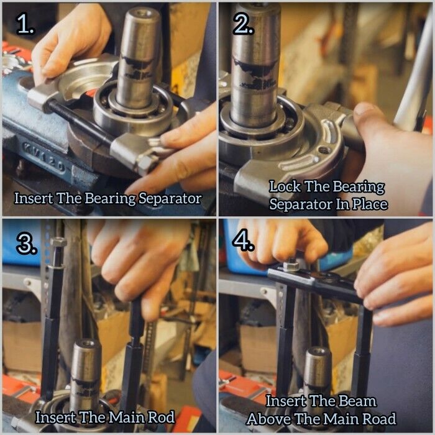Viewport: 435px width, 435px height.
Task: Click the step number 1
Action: point(25,24)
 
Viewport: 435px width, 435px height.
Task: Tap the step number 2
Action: point(244,24)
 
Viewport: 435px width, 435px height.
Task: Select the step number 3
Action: point(26,244)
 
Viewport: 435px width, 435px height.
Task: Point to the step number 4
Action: point(244,240)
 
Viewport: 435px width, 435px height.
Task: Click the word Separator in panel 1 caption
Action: point(170,198)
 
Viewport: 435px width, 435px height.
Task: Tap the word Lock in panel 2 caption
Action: point(285,186)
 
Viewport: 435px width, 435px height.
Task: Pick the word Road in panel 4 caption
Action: point(379,419)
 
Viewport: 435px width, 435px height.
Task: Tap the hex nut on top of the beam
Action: point(290,266)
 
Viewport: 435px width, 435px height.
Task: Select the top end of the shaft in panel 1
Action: point(142,12)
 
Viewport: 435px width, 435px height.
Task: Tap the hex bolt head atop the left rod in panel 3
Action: point(58,242)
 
